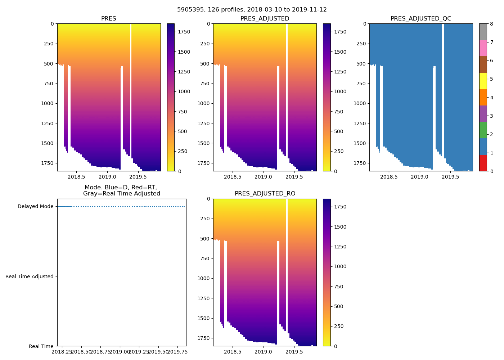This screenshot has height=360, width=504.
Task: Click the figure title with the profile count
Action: click(252, 10)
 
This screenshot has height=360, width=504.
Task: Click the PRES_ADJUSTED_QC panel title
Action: click(421, 19)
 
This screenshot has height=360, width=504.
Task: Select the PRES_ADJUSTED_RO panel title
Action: click(265, 194)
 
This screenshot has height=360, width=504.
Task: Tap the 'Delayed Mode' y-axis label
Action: click(35, 207)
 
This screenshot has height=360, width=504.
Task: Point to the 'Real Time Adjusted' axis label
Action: click(30, 276)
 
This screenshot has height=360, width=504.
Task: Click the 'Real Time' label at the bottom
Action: click(41, 346)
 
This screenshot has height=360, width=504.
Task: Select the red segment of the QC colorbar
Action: click(483, 163)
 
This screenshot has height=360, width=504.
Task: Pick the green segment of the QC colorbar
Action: click(483, 130)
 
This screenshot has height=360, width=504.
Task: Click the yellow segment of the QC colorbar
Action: click(483, 81)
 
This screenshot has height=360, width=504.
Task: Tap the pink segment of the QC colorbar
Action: click(483, 48)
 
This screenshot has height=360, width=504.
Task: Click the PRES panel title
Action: click(108, 19)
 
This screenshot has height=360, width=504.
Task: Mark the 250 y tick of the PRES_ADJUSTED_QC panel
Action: click(361, 44)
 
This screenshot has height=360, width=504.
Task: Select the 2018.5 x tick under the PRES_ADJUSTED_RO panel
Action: click(232, 352)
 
